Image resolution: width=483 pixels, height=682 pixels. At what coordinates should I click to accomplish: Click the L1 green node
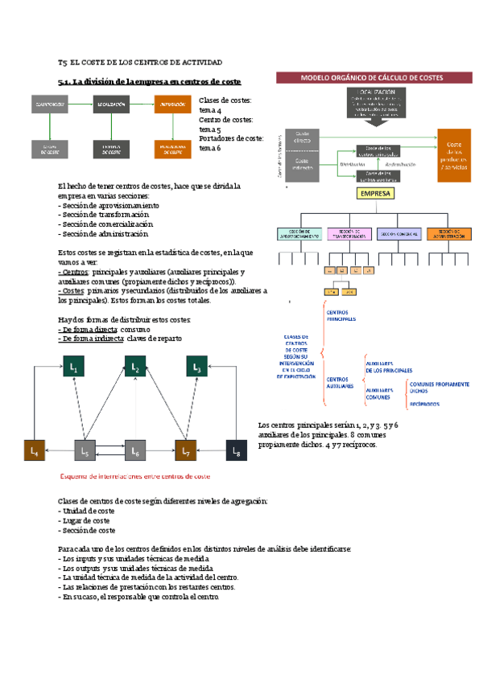point(73,367)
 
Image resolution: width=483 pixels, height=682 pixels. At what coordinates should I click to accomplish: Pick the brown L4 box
point(35,452)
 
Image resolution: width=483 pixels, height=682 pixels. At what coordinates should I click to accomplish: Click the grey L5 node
point(85,452)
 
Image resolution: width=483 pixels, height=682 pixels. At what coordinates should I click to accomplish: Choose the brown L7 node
point(187,452)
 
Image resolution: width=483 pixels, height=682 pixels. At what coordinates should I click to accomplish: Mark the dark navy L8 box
point(237,452)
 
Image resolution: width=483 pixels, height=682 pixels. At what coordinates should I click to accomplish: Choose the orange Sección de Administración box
point(449,235)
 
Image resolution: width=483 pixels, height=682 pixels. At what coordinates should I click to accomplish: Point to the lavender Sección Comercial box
point(399,235)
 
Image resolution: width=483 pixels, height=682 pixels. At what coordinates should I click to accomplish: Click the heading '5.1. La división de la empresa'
point(151,81)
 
